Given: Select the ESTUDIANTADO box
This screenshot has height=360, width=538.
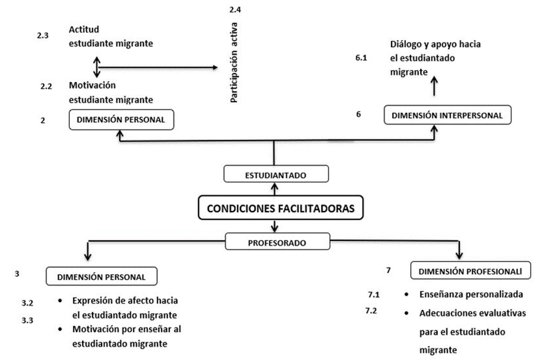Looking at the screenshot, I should pyautogui.click(x=276, y=174).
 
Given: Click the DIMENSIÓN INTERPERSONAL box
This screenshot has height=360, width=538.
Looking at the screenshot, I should pyautogui.click(x=447, y=115).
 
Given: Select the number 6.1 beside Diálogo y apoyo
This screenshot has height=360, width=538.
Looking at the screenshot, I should pyautogui.click(x=361, y=57).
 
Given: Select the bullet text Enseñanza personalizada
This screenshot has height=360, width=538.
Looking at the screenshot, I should pyautogui.click(x=471, y=295).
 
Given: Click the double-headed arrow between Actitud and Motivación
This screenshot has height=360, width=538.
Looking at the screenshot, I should pyautogui.click(x=97, y=67).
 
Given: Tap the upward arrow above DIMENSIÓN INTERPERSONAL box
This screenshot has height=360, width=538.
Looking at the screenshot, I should pyautogui.click(x=434, y=85).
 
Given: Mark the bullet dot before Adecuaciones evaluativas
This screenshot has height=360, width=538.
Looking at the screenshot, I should pyautogui.click(x=406, y=313).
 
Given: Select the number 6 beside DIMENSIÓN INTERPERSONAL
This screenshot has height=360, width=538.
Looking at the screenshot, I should pyautogui.click(x=358, y=114).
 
